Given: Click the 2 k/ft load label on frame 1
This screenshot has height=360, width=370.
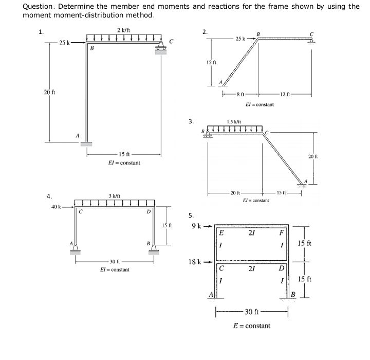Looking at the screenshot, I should tap(123, 30).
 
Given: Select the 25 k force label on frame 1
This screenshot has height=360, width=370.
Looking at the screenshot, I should tap(65, 42).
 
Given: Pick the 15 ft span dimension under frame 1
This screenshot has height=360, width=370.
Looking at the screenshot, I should tap(124, 154).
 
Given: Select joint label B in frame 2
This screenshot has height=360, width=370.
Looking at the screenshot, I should tap(258, 34).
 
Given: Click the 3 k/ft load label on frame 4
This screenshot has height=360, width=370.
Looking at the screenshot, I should tap(115, 195).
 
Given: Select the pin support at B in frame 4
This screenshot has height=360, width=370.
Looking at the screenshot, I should tap(153, 249).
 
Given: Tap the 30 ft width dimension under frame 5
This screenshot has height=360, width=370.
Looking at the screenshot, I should tap(252, 311).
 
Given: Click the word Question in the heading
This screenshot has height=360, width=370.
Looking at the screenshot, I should tap(40, 7).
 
